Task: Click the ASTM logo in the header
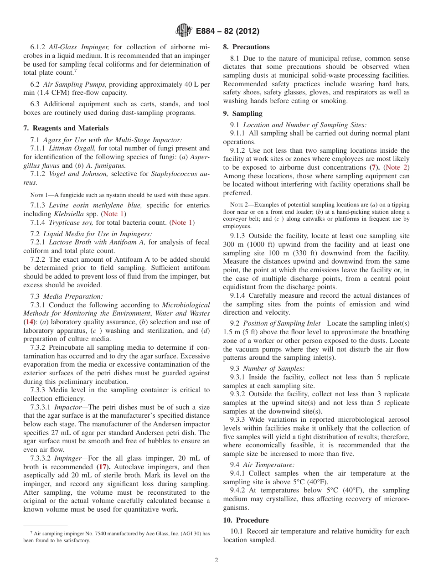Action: click(x=183, y=31)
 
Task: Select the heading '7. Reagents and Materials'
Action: click(x=66, y=128)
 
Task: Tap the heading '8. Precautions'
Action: click(x=246, y=47)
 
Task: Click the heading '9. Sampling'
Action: click(x=242, y=113)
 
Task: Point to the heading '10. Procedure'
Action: click(x=246, y=520)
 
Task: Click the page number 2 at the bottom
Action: click(x=216, y=560)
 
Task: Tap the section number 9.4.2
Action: click(x=240, y=490)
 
